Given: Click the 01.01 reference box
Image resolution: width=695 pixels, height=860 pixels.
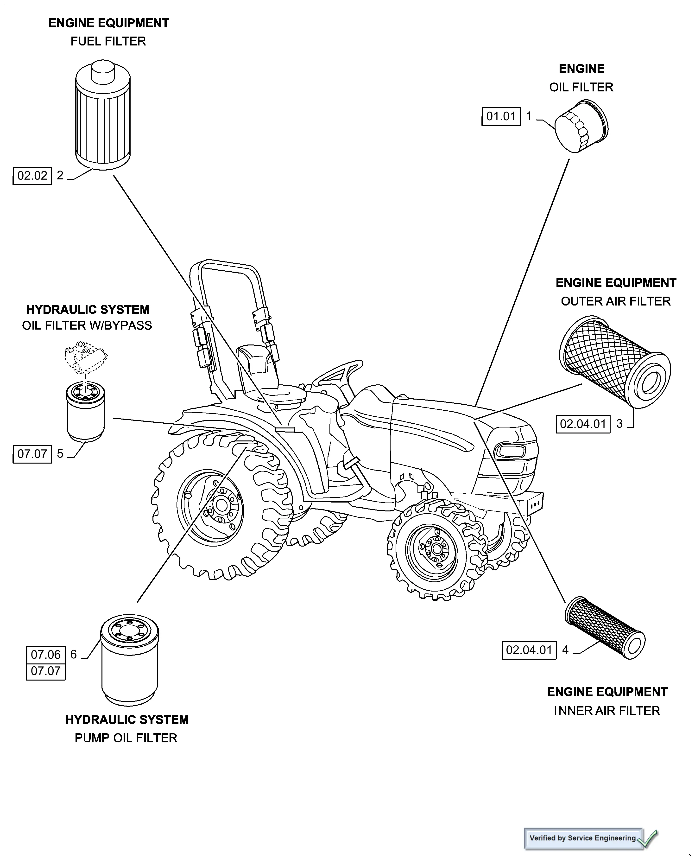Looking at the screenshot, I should pos(501,116).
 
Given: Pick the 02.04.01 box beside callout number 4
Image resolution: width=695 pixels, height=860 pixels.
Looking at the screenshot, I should pos(529,650).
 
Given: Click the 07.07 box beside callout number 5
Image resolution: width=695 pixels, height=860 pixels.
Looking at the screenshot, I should pos(32,454).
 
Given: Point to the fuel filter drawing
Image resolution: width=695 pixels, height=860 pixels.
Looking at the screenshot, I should pos(103,116).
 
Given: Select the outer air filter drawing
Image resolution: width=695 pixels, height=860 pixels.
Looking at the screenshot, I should pos(614,362).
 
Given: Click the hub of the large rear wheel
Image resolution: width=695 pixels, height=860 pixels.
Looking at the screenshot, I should pos(221,505).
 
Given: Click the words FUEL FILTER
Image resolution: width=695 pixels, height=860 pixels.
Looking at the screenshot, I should pos(108,41).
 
